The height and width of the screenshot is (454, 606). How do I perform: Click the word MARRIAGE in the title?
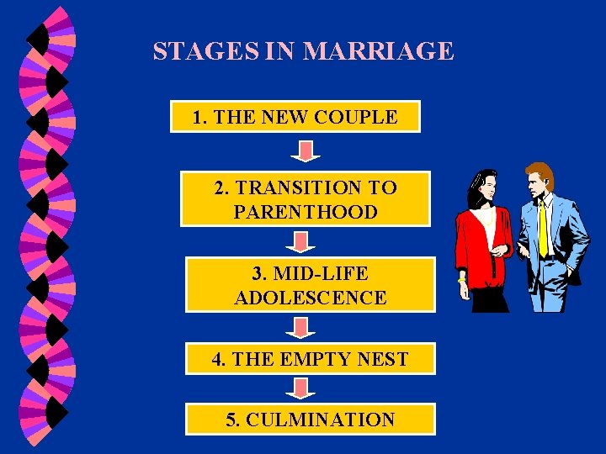pos(378,52)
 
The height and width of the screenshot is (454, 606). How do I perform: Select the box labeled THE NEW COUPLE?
pos(295,118)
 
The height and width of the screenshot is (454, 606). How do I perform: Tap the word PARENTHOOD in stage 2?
pos(306,212)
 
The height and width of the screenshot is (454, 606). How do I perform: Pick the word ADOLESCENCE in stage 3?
pos(310,298)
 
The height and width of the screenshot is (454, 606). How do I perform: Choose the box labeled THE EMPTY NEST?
pos(310,359)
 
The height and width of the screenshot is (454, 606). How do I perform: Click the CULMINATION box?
pos(310,420)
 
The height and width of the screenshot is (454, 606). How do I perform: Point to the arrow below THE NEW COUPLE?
pos(306,151)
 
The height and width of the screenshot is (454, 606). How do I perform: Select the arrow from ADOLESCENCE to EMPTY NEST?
pos(300,327)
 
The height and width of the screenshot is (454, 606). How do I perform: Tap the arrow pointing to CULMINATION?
pos(300,388)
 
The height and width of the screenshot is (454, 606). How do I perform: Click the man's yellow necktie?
pos(544,227)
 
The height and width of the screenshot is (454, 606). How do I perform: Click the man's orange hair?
pos(540,172)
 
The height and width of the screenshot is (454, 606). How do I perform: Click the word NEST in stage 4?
pos(382,359)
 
